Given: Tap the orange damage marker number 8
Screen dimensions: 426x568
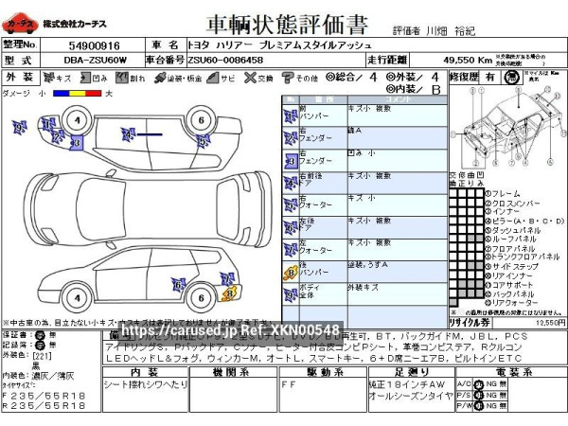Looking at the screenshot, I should [227, 293].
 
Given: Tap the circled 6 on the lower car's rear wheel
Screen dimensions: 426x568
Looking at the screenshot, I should [200, 297].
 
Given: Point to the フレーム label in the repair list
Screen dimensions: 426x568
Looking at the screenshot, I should [506, 194].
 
